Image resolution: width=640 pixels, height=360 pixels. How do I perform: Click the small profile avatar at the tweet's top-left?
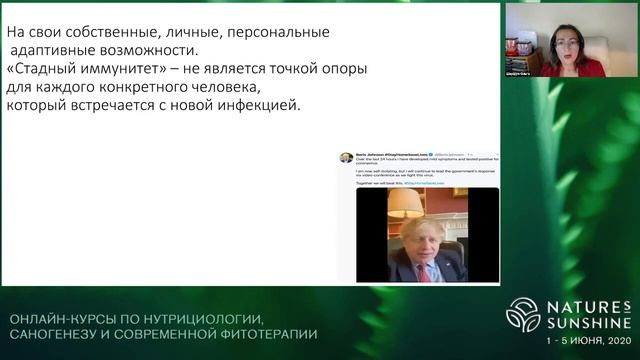(x=345, y=157)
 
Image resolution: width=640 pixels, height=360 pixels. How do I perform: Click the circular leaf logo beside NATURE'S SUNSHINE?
(x=522, y=314)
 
